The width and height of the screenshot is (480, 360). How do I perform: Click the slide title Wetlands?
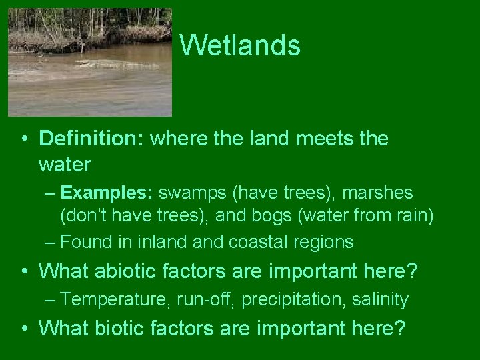pos(240,45)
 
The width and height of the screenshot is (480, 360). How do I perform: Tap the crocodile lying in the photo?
pos(107,64)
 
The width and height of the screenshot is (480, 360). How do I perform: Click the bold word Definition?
pos(93,138)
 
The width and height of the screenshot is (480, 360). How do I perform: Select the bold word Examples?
pos(107,193)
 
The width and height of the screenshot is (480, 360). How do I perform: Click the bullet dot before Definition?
pos(24,139)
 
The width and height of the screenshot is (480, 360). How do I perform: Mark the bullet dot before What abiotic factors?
pos(24,271)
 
